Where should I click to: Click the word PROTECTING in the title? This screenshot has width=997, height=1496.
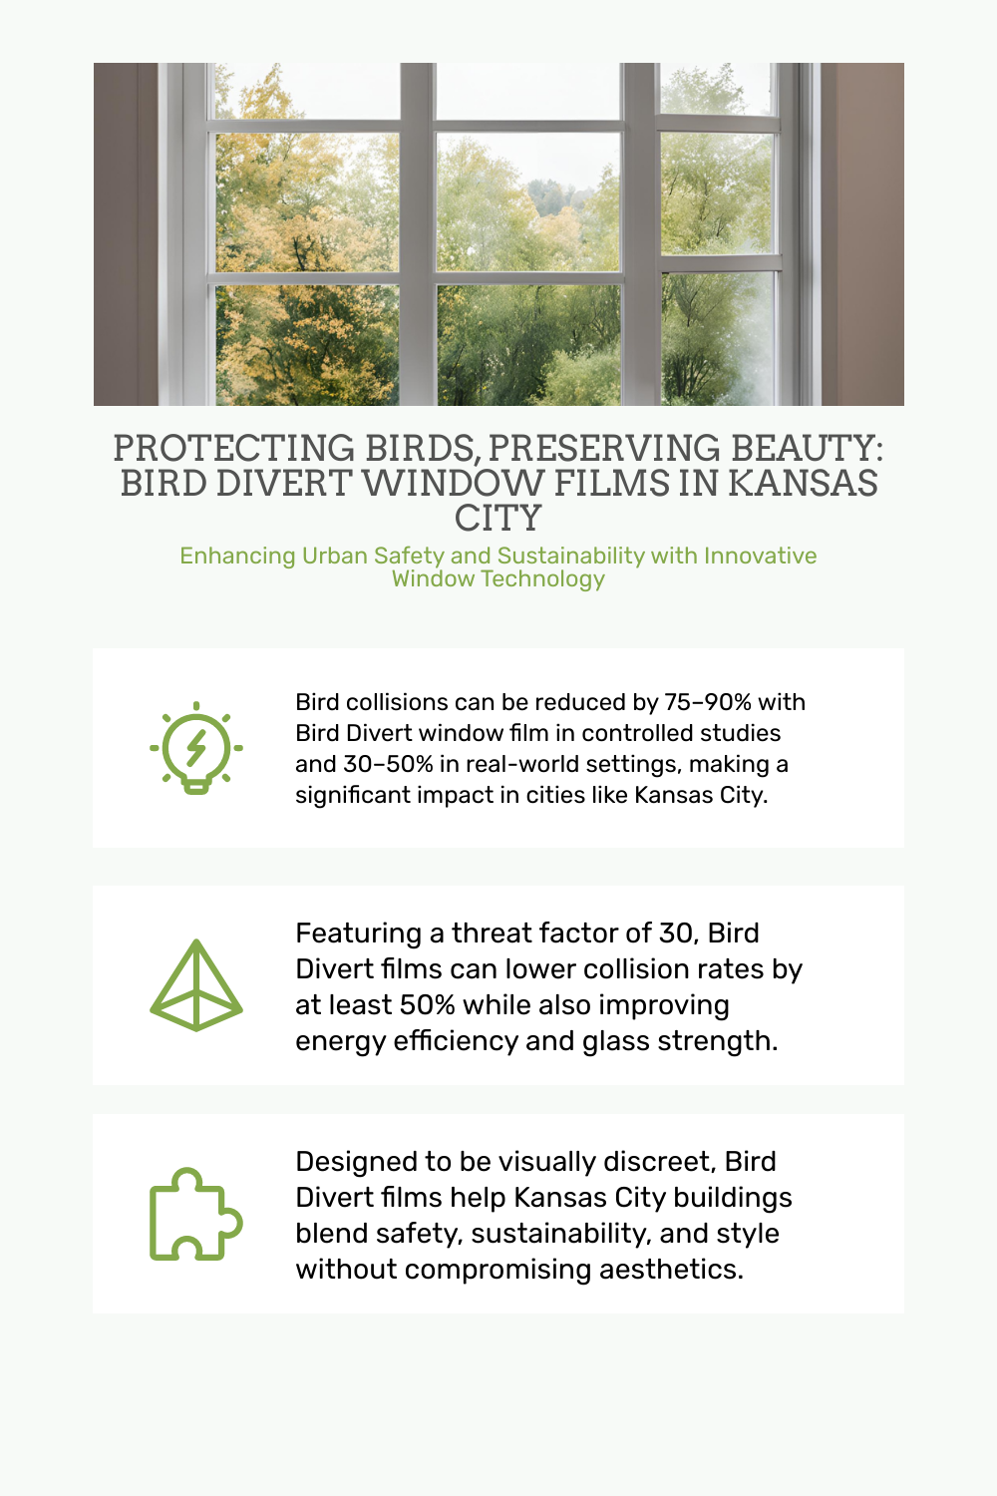[x=233, y=448]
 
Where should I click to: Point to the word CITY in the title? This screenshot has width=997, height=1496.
[x=498, y=519]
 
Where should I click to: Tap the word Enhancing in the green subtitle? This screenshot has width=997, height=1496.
[x=237, y=557]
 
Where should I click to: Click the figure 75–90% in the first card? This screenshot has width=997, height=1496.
[x=709, y=702]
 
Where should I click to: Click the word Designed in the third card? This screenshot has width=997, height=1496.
[x=345, y=1163]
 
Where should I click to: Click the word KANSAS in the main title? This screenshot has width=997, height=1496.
[x=803, y=483]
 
